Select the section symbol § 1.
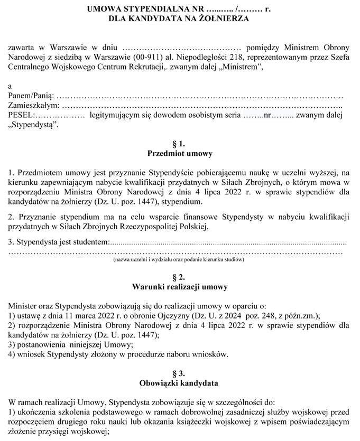(179, 144)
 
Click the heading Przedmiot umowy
(179, 154)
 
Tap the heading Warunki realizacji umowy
(179, 287)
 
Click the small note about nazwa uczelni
(179, 260)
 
